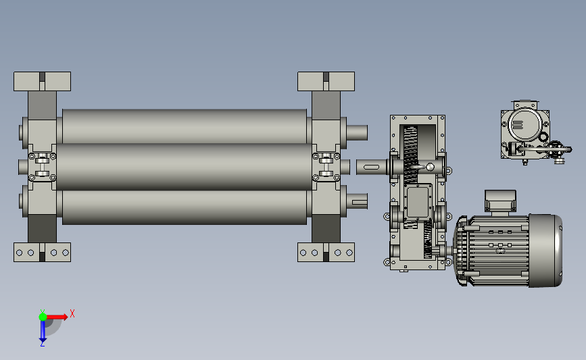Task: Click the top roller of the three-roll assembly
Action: [185, 126]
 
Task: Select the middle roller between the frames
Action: [185, 167]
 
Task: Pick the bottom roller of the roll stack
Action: [185, 207]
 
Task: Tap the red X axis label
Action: [72, 313]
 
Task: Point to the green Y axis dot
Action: [43, 317]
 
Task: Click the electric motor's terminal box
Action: [500, 201]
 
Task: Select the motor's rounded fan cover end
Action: [545, 251]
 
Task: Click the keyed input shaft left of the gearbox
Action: [371, 167]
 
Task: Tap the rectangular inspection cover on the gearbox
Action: [418, 202]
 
